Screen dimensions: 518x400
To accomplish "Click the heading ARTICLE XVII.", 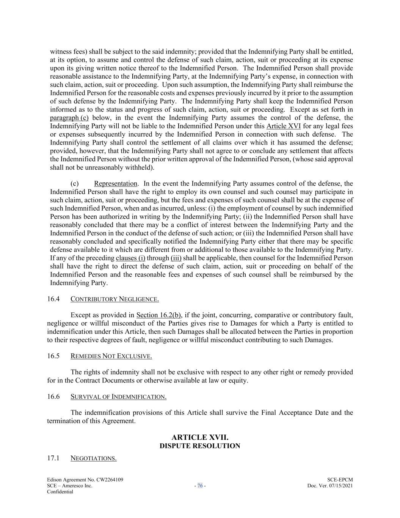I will click(200, 438).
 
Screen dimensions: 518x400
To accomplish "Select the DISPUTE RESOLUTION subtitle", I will click(200, 446).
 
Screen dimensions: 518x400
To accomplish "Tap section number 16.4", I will click(53, 299).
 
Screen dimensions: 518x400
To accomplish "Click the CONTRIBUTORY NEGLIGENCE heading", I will click(115, 299).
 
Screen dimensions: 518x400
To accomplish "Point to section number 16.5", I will click(53, 356).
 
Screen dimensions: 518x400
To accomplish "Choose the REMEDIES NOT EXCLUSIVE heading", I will click(111, 356).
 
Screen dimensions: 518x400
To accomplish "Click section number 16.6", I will click(53, 397).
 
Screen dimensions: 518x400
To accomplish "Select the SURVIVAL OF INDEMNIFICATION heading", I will click(118, 397).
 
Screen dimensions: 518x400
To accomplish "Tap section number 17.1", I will click(53, 458).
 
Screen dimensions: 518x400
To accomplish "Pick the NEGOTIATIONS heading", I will click(93, 458).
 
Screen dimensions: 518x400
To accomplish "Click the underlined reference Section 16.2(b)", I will click(158, 315).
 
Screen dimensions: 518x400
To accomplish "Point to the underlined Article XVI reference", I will click(284, 126).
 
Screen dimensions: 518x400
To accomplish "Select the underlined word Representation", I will click(116, 184).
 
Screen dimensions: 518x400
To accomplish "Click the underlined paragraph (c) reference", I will click(69, 118).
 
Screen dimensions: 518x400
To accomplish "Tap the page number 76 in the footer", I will click(200, 486).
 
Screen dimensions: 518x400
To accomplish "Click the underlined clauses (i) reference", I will click(130, 258).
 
